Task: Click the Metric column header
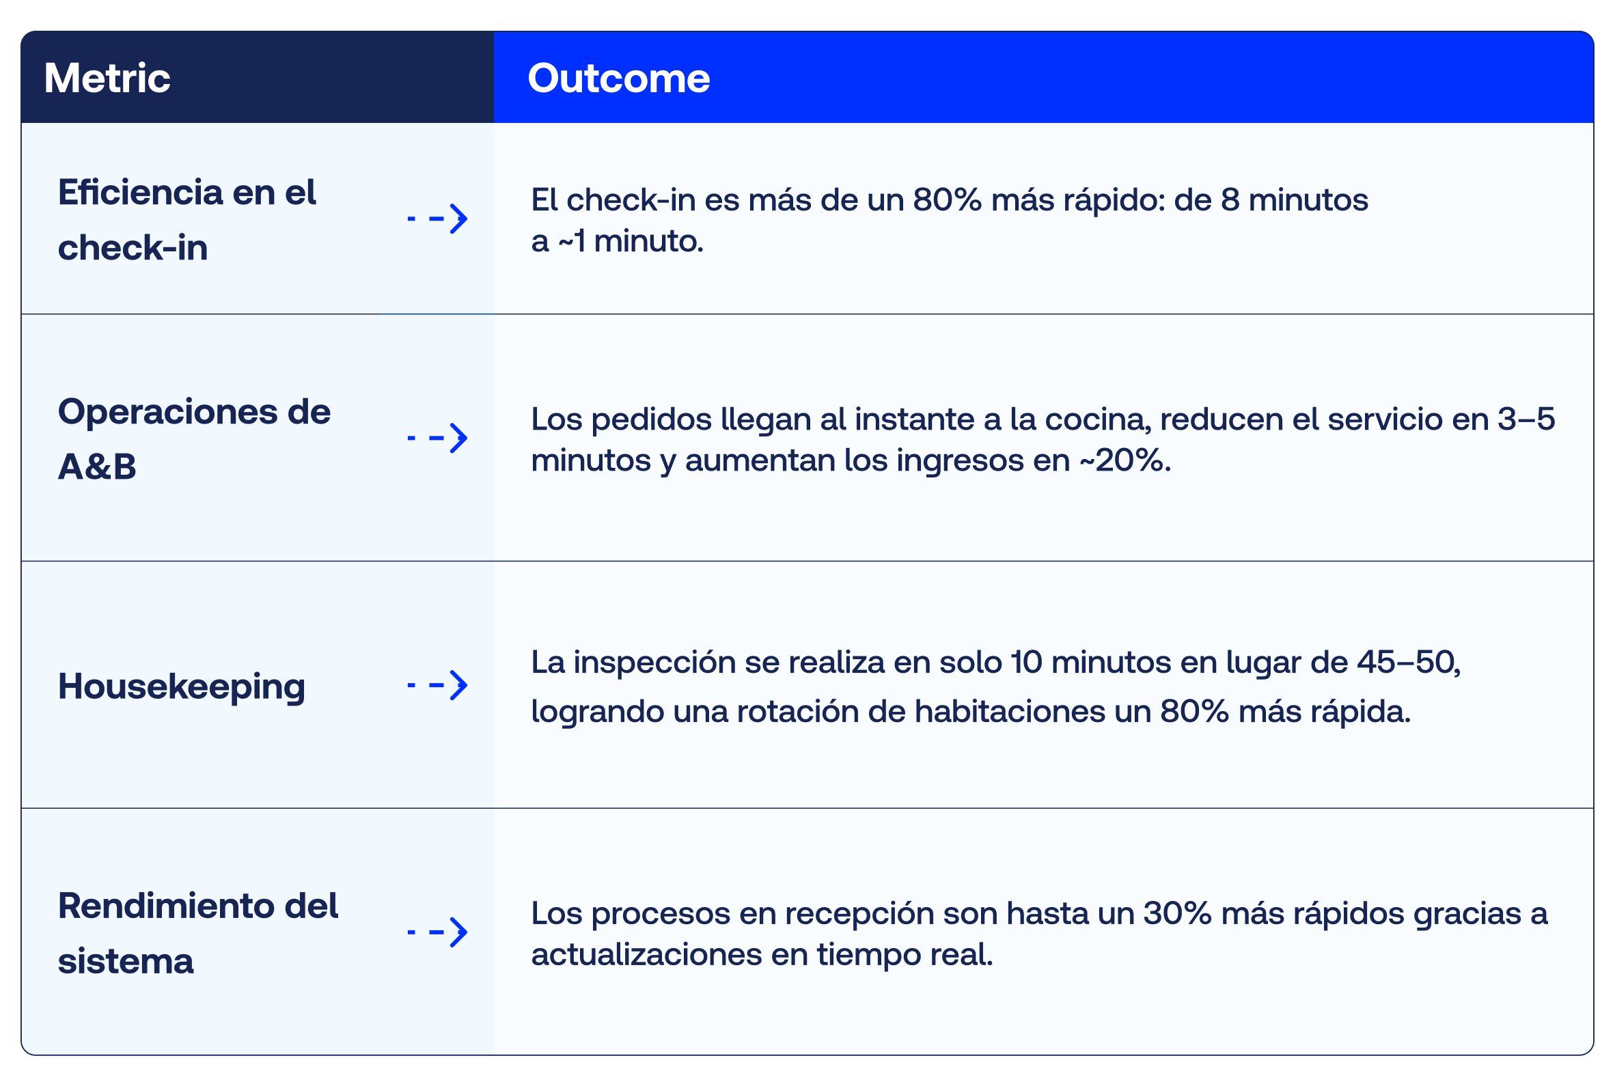click(107, 77)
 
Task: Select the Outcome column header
click(619, 77)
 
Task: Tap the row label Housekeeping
click(181, 686)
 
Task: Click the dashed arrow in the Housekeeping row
click(438, 685)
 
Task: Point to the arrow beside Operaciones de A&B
click(438, 438)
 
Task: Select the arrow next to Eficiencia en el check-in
click(438, 219)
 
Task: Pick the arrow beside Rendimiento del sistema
click(438, 932)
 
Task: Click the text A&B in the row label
click(97, 467)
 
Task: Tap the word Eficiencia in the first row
click(140, 192)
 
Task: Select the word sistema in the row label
click(126, 961)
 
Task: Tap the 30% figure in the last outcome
click(1177, 913)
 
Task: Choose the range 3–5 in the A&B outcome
click(1526, 419)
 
